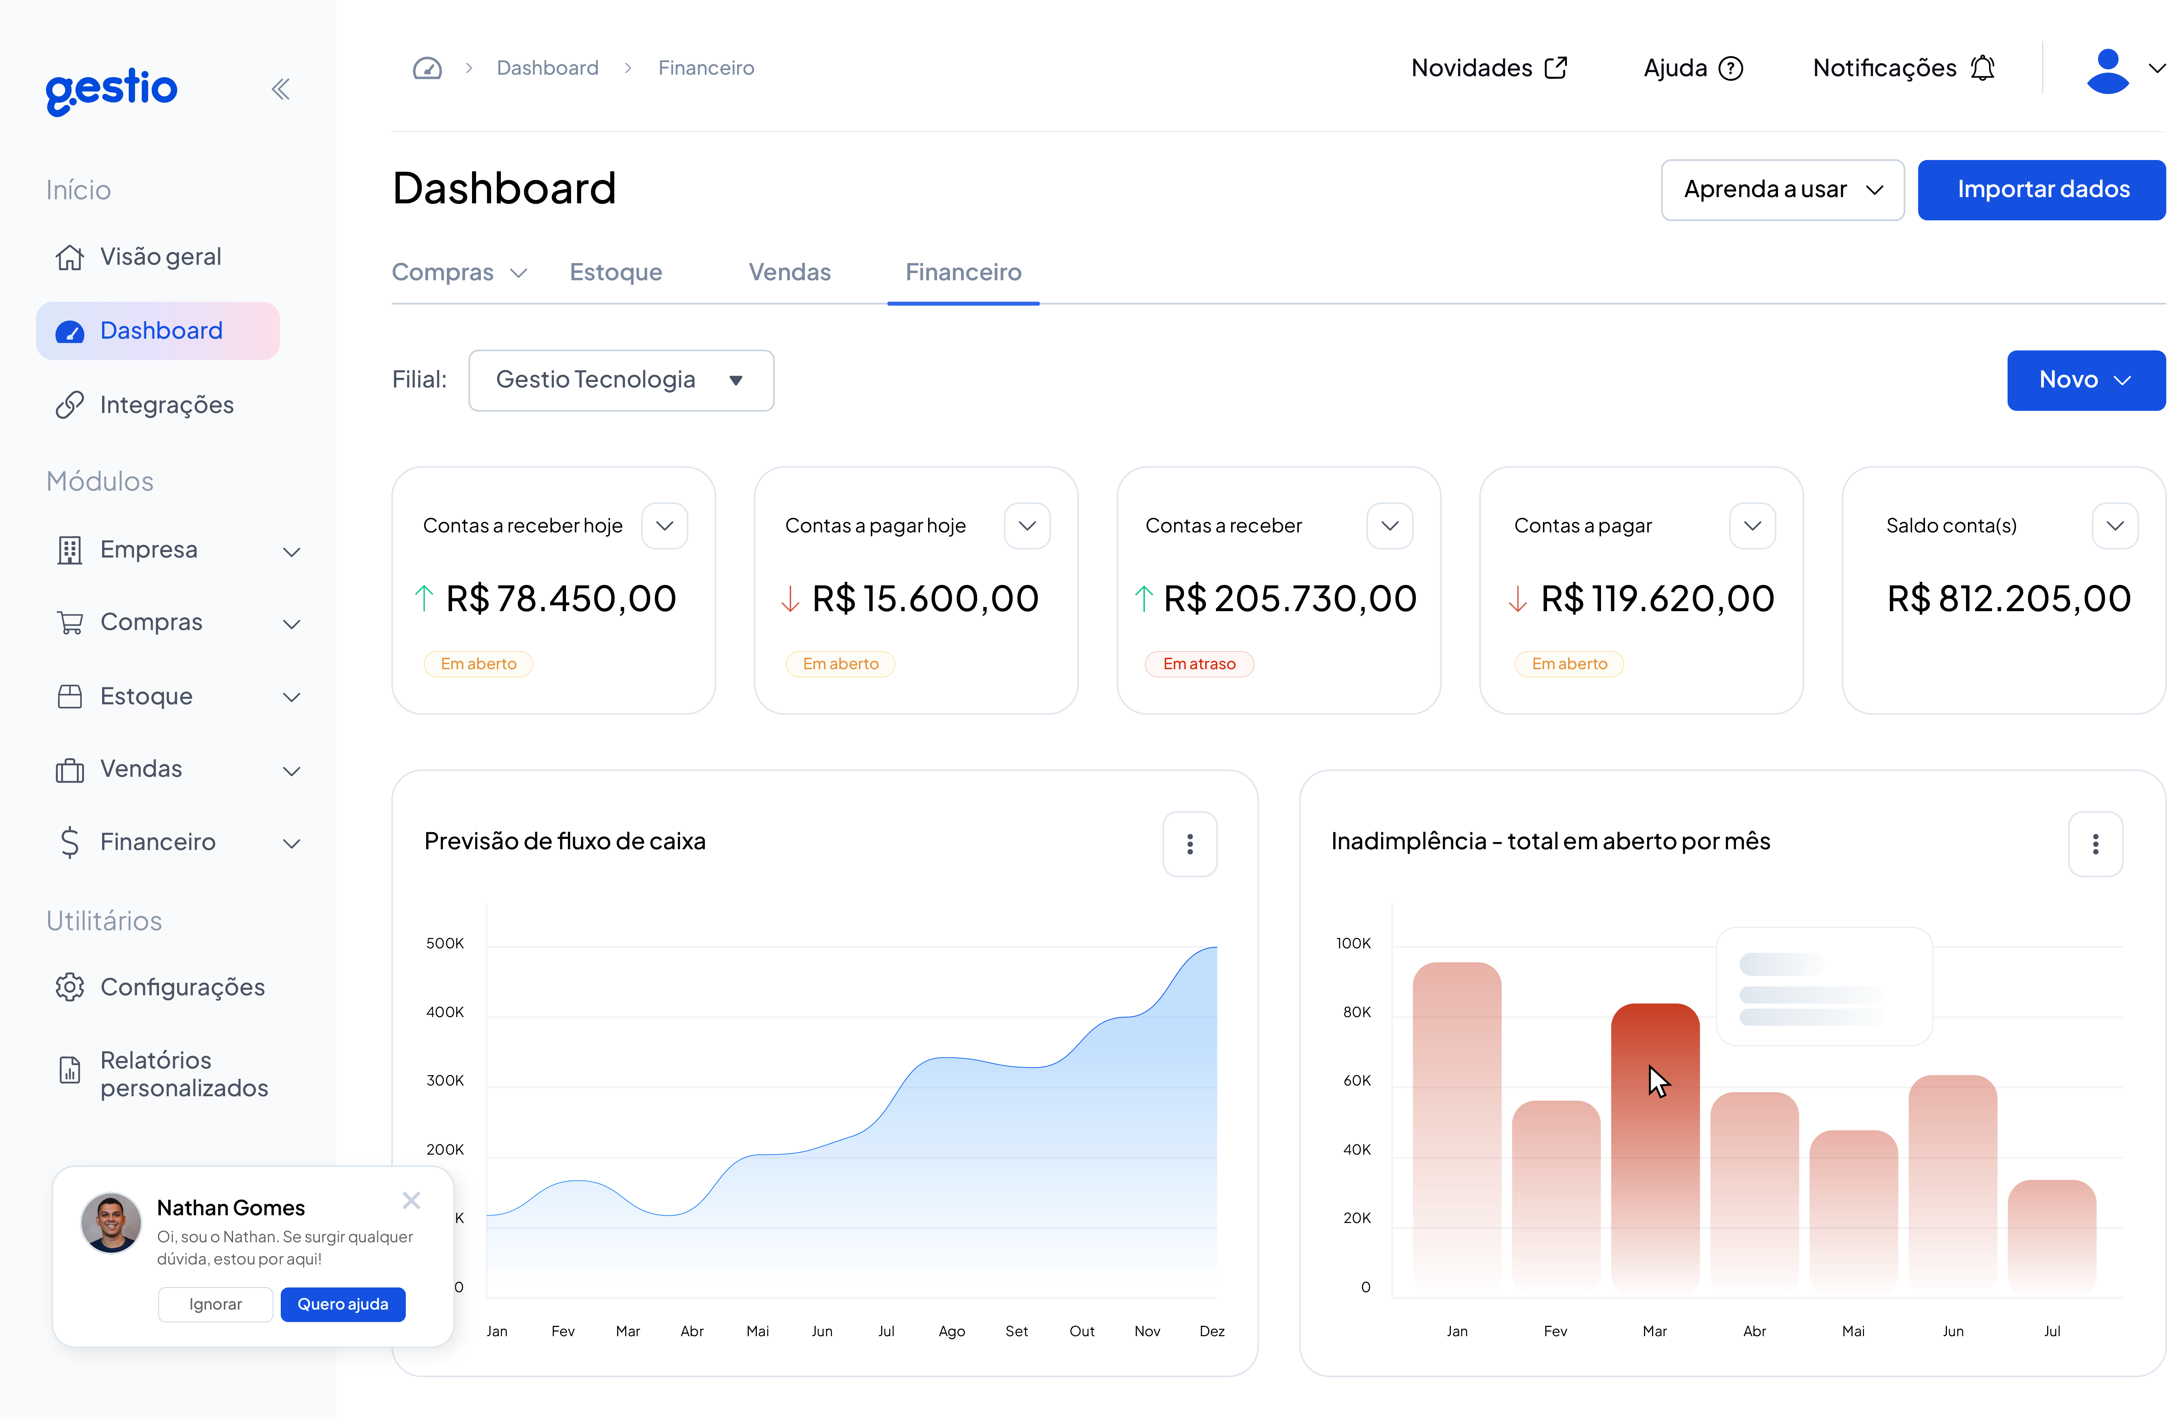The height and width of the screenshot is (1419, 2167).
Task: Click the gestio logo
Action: click(x=111, y=89)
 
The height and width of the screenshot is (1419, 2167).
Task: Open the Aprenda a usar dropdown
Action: click(x=1782, y=189)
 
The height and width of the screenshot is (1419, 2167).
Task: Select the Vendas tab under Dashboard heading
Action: click(x=789, y=272)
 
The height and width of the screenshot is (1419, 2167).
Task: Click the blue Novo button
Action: click(x=2084, y=380)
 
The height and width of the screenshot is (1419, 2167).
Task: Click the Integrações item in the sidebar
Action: click(x=166, y=405)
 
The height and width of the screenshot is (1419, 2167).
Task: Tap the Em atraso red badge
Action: click(x=1199, y=664)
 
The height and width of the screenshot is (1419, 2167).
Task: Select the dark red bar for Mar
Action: click(x=1654, y=1147)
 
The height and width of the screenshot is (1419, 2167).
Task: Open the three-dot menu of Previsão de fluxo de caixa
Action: click(x=1189, y=844)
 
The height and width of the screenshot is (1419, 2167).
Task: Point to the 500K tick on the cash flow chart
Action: click(x=445, y=943)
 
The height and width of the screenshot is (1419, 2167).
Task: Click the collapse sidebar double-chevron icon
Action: click(x=280, y=89)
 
